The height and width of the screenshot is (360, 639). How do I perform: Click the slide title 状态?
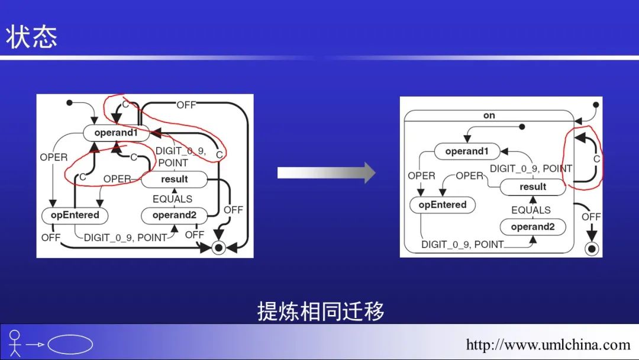coord(32,37)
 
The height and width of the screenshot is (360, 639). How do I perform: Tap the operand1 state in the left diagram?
coord(116,133)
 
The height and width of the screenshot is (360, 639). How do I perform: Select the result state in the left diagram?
coord(174,179)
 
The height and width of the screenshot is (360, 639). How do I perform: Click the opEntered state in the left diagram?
coord(75,215)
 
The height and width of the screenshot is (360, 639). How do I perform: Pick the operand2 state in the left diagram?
coord(174,215)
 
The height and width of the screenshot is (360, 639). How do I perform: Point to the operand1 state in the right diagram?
coord(467,152)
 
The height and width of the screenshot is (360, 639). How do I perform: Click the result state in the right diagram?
coord(532,187)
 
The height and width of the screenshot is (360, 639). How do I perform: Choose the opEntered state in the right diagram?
coord(443,205)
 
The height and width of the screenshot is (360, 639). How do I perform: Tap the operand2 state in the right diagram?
coord(532,227)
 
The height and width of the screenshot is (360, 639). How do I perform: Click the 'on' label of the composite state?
coord(489,115)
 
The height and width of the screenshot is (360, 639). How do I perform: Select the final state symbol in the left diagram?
coord(219,247)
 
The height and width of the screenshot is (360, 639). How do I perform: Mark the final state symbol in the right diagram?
coord(591,248)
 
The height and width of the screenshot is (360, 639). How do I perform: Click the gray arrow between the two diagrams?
coord(326,173)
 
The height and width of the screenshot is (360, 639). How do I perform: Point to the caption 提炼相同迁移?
coord(321,311)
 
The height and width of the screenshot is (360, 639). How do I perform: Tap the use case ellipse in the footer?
coord(70,344)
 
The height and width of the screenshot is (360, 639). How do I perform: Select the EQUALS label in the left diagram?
coord(172,199)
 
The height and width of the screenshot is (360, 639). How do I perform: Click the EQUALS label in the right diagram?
coord(531,210)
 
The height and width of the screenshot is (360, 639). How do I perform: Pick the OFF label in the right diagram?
coord(590,217)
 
